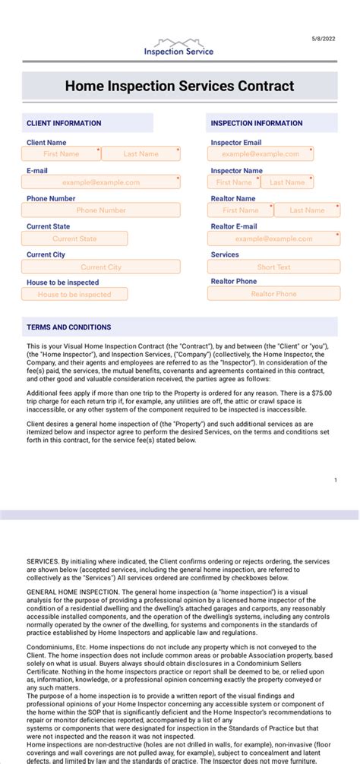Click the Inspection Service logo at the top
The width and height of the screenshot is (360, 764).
[x=179, y=47]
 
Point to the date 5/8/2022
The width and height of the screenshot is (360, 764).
[x=323, y=37]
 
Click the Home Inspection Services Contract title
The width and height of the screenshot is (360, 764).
[x=179, y=87]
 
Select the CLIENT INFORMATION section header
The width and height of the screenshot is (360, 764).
[x=64, y=123]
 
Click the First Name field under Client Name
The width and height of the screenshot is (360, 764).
[x=62, y=154]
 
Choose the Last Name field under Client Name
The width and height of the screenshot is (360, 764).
[x=141, y=154]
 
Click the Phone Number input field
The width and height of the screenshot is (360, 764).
[x=101, y=210]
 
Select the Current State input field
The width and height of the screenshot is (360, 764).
[x=74, y=238]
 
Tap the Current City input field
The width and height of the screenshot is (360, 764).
[x=101, y=267]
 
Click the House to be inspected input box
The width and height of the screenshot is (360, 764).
[x=74, y=295]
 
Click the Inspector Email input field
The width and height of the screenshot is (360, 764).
[x=261, y=154]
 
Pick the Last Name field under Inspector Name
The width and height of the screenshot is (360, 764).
[x=287, y=182]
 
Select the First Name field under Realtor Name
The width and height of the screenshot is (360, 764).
[x=240, y=210]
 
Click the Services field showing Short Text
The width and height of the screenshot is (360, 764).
[x=273, y=267]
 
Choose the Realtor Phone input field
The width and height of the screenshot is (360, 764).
[x=273, y=294]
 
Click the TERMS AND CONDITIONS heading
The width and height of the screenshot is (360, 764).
[x=69, y=327]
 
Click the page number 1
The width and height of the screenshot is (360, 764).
[x=335, y=480]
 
